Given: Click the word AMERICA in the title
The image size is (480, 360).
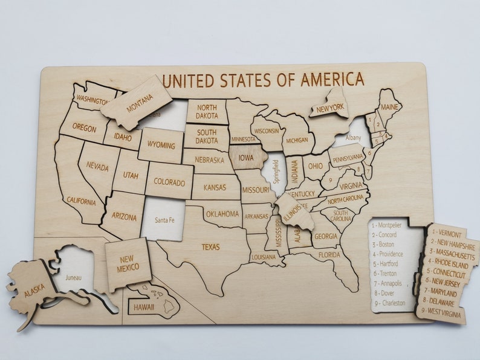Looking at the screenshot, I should coord(332,79).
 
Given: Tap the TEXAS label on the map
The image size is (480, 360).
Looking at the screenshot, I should coord(210,246).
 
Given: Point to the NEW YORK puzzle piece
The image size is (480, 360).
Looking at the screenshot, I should coord(329,108).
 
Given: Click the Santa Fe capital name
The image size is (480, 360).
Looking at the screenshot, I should coord(165,220).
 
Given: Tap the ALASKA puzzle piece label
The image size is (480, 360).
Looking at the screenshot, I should coord(34,290).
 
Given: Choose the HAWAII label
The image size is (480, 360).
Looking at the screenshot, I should coord(144,307).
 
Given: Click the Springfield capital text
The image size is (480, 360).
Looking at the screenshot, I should coord(277,172).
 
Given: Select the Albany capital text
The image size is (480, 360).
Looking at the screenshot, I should coord(353,138).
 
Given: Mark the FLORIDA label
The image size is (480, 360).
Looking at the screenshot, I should coord(329,255).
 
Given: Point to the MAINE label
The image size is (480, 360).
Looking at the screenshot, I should coord(389,108).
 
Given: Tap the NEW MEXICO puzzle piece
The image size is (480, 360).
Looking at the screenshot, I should coord(128,263).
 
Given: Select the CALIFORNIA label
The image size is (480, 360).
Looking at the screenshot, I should coord(81,201).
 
